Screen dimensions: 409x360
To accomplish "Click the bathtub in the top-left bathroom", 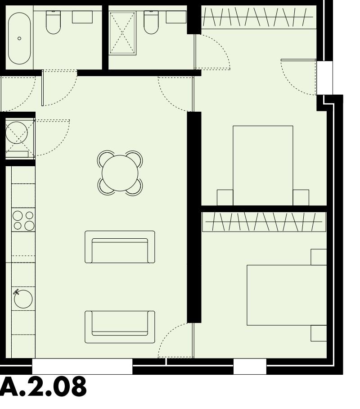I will coord(19,38).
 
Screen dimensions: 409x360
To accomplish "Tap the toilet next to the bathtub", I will coord(53,23).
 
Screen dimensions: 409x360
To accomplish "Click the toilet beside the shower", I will coord(151,23).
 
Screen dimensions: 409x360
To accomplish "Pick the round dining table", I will coord(120,173).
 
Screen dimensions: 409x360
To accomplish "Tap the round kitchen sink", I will coord(23,299).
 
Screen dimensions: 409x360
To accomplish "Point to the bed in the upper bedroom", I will coord(263,165).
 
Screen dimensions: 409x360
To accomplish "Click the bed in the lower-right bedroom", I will coord(287,295).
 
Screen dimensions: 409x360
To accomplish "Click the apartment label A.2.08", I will coord(43,388).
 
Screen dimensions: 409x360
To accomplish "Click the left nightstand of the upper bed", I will coord(225,197).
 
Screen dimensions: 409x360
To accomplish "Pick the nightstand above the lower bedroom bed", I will coord(319,257).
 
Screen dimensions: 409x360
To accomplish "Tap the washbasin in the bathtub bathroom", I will coord(82,17).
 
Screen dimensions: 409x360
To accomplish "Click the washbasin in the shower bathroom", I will coord(176,17).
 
